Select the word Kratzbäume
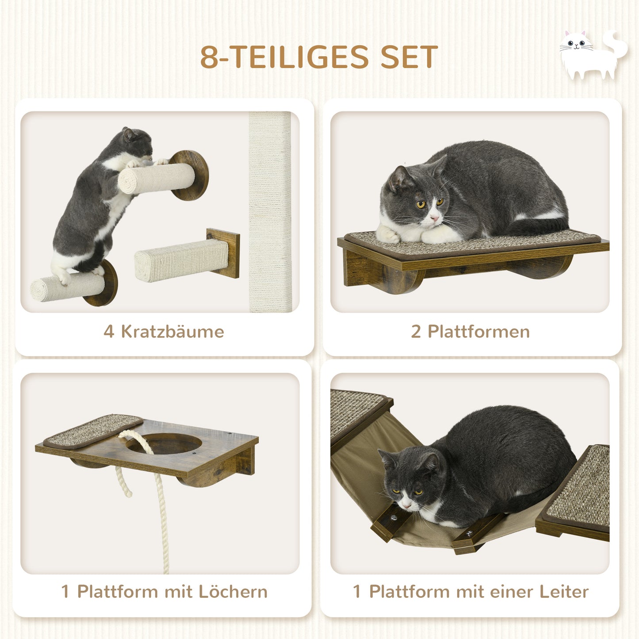(172, 332)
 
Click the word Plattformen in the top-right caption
(478, 332)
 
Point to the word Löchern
(233, 592)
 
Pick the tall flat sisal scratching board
(270, 212)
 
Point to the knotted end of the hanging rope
(126, 489)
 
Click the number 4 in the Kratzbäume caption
(108, 332)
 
